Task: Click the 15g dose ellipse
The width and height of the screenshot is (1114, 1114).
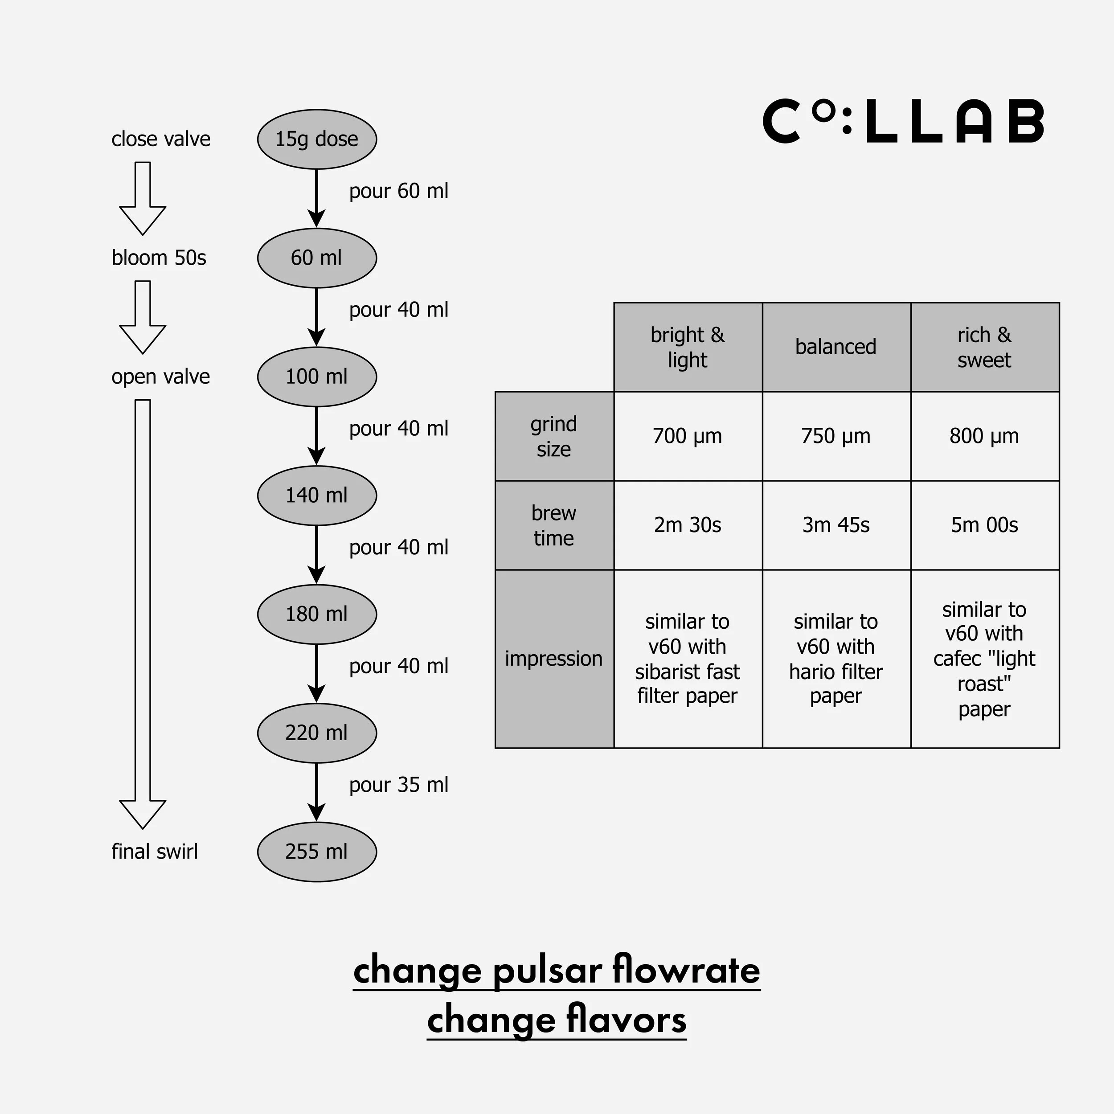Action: click(x=316, y=139)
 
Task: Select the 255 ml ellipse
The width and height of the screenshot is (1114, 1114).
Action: click(x=316, y=852)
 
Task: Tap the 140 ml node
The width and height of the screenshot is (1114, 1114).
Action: click(x=316, y=496)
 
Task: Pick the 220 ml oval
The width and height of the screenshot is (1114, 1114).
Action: click(x=316, y=733)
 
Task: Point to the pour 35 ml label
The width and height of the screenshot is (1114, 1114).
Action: click(x=398, y=785)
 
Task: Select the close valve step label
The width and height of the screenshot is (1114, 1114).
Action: click(x=161, y=139)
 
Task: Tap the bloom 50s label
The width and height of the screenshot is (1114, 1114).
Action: click(x=159, y=258)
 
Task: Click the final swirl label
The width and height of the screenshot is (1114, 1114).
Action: click(x=155, y=852)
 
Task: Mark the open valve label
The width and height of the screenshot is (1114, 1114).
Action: click(x=161, y=377)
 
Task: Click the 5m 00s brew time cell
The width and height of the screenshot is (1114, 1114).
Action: click(x=984, y=525)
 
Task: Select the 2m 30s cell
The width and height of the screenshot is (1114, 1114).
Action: click(x=687, y=525)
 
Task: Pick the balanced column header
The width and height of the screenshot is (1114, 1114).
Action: click(x=835, y=347)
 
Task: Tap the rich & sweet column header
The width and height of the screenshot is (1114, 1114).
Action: click(x=984, y=347)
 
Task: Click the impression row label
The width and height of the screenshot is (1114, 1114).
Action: click(x=553, y=659)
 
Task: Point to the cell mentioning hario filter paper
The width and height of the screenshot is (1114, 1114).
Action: click(x=835, y=659)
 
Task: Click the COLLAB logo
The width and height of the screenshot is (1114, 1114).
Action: click(x=903, y=122)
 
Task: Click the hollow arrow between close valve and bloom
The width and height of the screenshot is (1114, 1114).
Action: click(x=143, y=198)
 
